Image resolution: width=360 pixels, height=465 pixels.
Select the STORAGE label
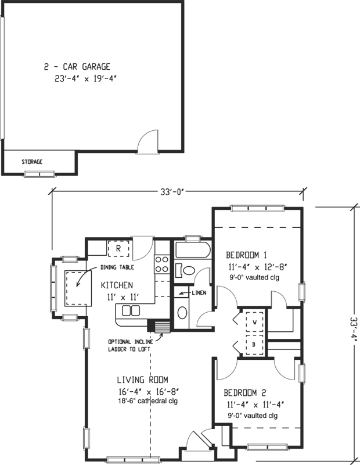32,162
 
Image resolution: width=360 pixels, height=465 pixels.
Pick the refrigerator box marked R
118,249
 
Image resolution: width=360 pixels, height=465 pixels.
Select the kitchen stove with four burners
161,264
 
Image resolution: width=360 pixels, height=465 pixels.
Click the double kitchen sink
130,310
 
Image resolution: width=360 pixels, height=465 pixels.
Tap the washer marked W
254,321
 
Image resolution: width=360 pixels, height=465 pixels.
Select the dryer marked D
254,344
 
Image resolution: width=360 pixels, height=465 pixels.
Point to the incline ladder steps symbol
157,326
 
